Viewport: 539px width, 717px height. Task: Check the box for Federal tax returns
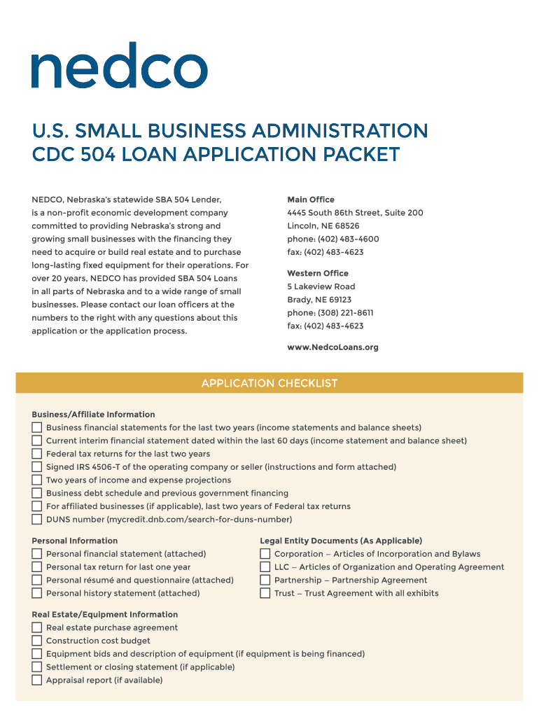coord(36,454)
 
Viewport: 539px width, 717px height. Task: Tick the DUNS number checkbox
coord(36,520)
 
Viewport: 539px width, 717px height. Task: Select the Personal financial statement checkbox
coord(36,554)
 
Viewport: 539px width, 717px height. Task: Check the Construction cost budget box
coord(36,641)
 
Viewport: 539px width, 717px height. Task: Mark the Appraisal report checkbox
coord(36,680)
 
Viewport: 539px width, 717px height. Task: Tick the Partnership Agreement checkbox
coord(265,580)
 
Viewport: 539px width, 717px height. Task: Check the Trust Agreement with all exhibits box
coord(265,593)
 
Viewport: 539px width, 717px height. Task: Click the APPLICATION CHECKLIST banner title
coord(269,383)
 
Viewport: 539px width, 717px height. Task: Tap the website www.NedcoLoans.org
coord(332,347)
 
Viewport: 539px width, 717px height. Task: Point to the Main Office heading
coord(311,200)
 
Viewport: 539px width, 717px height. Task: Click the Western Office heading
coord(317,273)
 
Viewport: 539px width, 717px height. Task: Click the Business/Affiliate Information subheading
coord(93,415)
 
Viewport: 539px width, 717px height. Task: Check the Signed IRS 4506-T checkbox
coord(36,467)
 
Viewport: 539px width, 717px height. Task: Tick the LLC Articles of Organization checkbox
coord(265,567)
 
